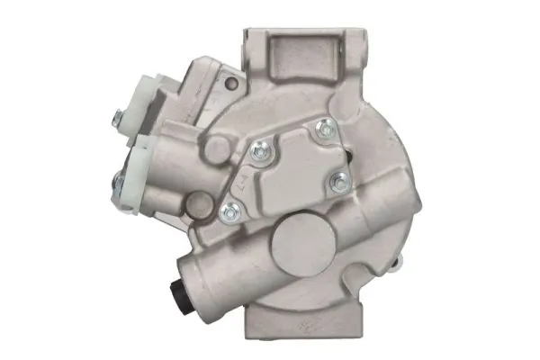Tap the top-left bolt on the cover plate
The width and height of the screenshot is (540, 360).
[x=259, y=154]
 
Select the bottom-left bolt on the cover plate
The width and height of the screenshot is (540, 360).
[x=229, y=212]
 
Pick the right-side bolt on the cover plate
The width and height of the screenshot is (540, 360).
[x=339, y=183]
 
